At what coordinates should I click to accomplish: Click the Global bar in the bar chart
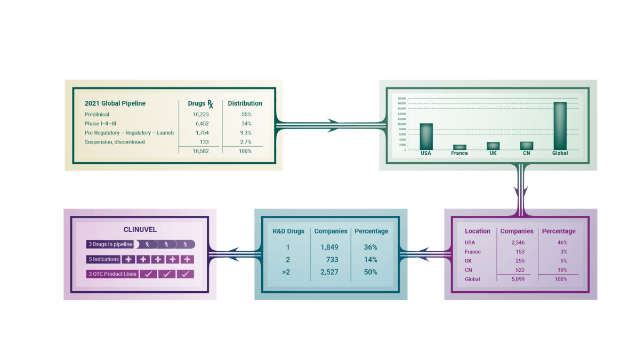click(x=560, y=126)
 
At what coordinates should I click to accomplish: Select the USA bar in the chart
click(x=426, y=137)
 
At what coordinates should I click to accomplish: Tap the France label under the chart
click(x=459, y=154)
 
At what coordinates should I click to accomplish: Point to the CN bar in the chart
click(x=526, y=146)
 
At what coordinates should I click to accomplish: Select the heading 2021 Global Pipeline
click(x=115, y=103)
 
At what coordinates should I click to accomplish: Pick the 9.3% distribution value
click(x=246, y=133)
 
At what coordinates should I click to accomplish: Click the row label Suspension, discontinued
click(x=115, y=142)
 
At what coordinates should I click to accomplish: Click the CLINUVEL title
click(x=140, y=230)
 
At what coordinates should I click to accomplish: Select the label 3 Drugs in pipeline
click(x=110, y=244)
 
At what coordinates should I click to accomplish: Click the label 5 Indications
click(x=104, y=259)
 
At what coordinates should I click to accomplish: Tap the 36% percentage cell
click(x=370, y=247)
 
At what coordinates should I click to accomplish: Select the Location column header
click(x=477, y=231)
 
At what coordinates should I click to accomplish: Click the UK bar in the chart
click(x=493, y=146)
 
